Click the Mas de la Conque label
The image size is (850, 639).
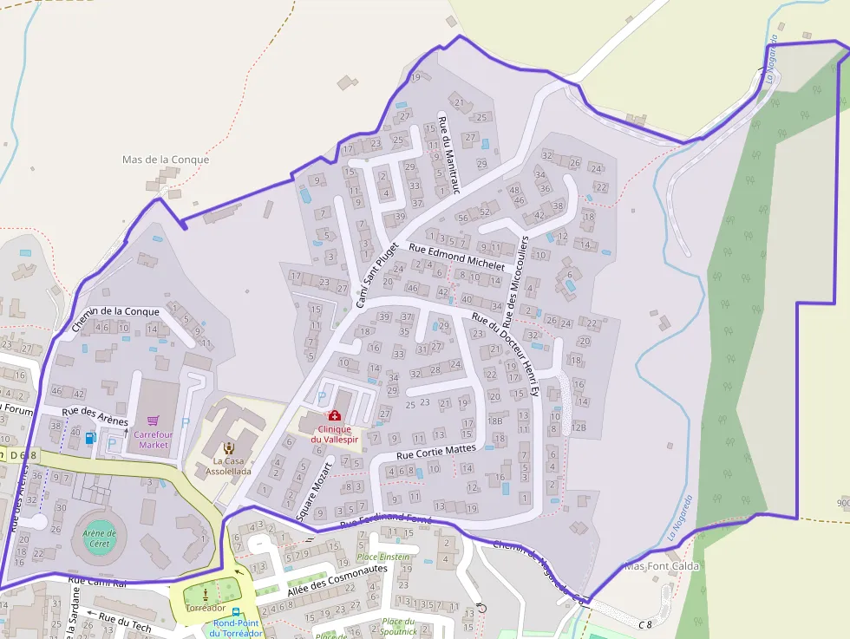(x=166, y=160)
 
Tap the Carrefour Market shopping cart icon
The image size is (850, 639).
(x=154, y=420)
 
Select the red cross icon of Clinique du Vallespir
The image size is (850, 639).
(x=334, y=416)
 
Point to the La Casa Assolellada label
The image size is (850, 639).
(x=228, y=466)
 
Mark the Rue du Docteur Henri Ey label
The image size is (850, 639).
(x=506, y=355)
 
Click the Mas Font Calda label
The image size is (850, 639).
(x=662, y=566)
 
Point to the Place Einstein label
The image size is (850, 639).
(x=384, y=557)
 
